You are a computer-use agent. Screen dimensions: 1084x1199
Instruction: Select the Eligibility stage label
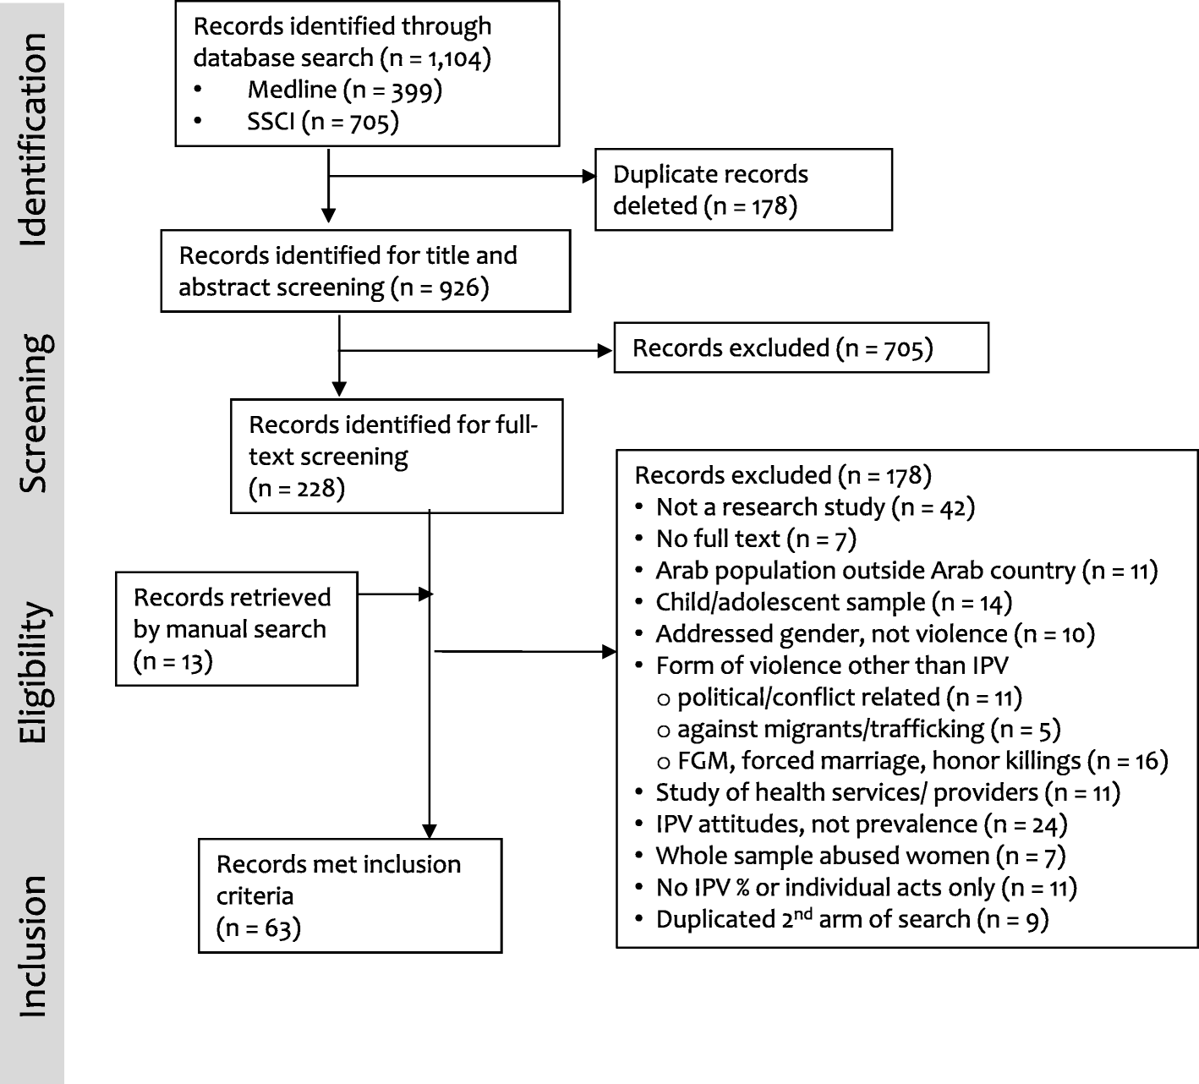click(x=34, y=672)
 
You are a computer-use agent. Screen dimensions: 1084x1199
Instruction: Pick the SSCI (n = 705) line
click(x=322, y=122)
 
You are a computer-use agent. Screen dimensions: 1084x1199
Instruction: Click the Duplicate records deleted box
click(x=742, y=189)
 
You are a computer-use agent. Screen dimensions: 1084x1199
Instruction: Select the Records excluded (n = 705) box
click(x=800, y=348)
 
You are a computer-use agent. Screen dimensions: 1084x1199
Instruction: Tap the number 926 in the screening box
click(x=460, y=288)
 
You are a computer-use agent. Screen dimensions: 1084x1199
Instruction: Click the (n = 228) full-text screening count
click(x=297, y=489)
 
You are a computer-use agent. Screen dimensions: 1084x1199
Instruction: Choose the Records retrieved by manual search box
click(x=236, y=628)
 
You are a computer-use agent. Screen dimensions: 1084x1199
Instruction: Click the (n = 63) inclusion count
click(x=259, y=928)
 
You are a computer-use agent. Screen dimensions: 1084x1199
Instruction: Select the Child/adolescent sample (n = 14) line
click(x=833, y=602)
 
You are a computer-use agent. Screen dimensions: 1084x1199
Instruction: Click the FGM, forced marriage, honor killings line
click(x=922, y=761)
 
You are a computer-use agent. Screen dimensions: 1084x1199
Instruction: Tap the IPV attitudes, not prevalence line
click(x=860, y=824)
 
